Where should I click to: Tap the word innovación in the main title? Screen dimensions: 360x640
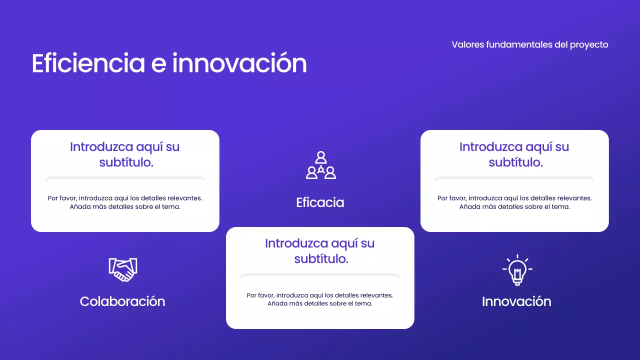coord(239,63)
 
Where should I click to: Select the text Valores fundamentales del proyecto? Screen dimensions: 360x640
coord(529,44)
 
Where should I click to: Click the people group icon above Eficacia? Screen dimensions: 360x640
coord(320,165)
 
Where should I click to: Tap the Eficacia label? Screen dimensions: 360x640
coord(320,202)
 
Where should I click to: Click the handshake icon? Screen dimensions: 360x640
coord(122,269)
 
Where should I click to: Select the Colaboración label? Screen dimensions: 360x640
coord(122,301)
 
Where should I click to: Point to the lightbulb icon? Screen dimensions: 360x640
coord(517,270)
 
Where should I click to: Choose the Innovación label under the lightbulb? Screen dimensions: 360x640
coord(516,301)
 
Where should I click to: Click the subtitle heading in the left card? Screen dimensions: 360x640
coord(125,154)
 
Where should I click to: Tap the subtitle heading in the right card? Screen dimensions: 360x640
coord(514,154)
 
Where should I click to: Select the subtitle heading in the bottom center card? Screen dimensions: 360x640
coord(320,251)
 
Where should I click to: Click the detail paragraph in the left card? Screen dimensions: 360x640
coord(125,202)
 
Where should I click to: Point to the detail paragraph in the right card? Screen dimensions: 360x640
coord(514,202)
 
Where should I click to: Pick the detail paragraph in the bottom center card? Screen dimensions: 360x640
coord(320,299)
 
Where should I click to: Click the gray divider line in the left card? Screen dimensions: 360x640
coord(125,178)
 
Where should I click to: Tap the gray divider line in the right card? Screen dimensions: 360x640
coord(514,178)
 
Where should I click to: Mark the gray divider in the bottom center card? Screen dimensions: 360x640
coord(320,275)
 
